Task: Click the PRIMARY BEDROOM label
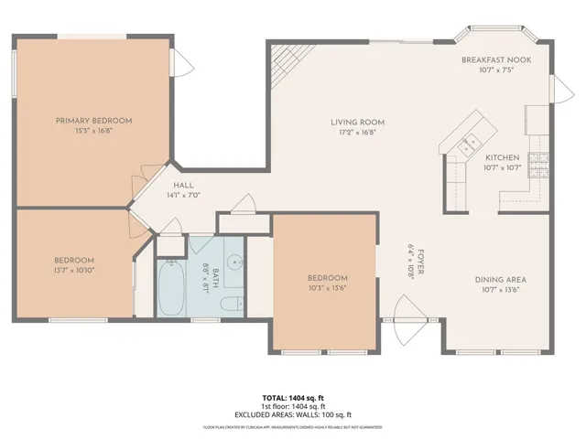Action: [93, 121]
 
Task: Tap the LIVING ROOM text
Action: [357, 122]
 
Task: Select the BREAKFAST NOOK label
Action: [495, 59]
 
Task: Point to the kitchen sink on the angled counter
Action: [472, 141]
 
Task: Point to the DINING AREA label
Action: [500, 280]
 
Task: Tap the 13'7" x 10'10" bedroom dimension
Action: [74, 271]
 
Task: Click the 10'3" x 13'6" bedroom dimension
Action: [326, 288]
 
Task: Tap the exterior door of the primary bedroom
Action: [182, 60]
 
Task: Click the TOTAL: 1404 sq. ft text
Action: [292, 398]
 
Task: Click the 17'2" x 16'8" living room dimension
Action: [357, 132]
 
